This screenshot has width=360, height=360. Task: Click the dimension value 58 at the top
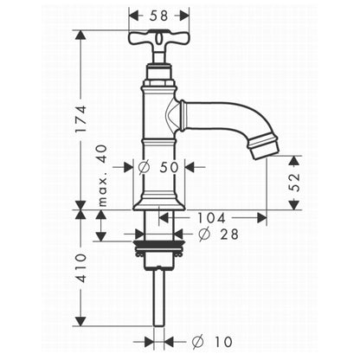(x=158, y=16)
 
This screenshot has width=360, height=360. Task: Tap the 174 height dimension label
(x=80, y=119)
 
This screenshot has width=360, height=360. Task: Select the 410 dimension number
(x=80, y=268)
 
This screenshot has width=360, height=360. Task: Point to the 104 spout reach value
(x=211, y=218)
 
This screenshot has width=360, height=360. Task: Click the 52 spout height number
(x=294, y=182)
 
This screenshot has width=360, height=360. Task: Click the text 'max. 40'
(x=102, y=176)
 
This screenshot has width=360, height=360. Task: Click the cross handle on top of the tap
(x=159, y=39)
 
